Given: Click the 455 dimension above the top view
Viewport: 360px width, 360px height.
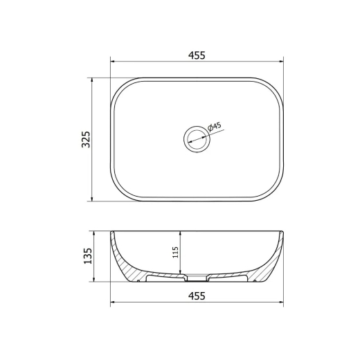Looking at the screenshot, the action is [197, 55].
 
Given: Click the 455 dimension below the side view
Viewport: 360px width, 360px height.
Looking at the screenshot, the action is [197, 296].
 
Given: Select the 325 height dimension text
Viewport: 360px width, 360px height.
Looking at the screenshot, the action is [87, 139].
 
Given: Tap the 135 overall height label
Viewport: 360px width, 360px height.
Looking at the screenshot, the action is [88, 256].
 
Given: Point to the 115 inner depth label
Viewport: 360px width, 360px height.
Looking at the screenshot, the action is [175, 252].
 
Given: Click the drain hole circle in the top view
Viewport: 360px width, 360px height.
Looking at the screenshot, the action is [197, 126].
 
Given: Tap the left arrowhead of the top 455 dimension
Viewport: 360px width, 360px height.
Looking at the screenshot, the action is [112, 62].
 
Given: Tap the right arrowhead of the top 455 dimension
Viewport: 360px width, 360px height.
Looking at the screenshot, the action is [281, 62].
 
